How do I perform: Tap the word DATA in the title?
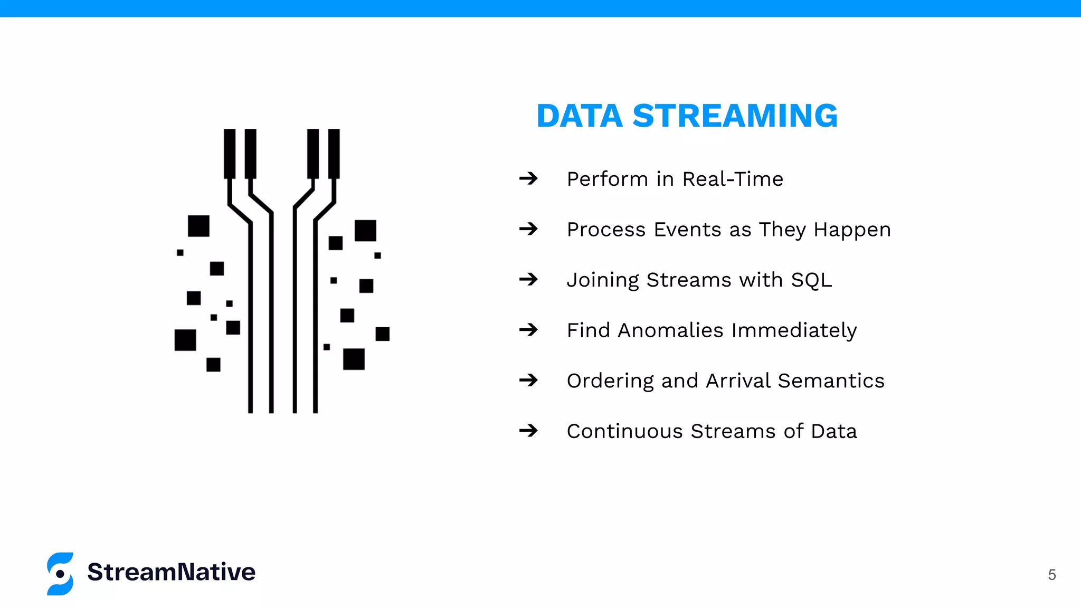(580, 116)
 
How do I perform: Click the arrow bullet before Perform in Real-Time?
(528, 178)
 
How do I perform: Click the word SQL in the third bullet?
(811, 280)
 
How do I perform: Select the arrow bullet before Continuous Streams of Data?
(528, 431)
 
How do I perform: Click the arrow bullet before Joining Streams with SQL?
(528, 279)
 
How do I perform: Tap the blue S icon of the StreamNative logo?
(60, 574)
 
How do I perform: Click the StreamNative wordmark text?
(171, 572)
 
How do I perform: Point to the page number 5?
(1051, 575)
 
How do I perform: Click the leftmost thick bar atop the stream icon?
(230, 154)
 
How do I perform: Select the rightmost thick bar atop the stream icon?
(334, 154)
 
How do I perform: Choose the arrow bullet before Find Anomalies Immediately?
(528, 330)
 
